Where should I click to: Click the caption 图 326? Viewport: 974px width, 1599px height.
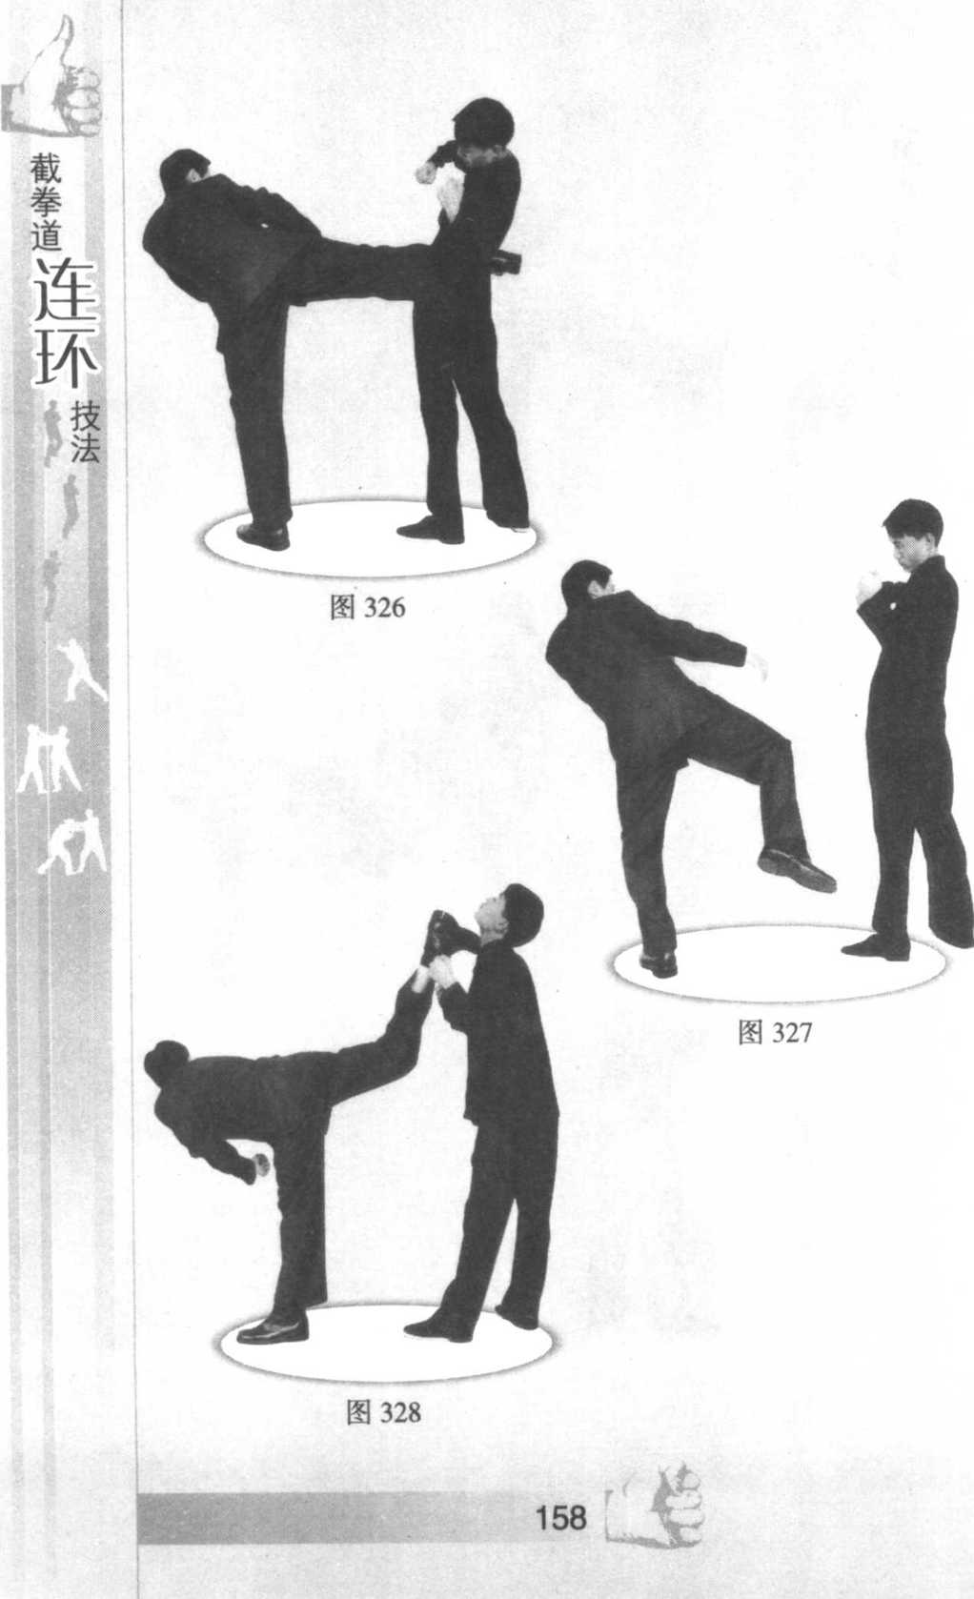[367, 607]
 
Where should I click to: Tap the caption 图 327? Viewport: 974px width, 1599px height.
[775, 1032]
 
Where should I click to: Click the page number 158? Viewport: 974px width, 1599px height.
[560, 1518]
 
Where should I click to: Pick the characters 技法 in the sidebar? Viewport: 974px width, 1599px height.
[84, 431]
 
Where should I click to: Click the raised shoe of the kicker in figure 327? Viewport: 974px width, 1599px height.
[796, 869]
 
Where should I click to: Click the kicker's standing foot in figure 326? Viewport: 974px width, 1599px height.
[263, 536]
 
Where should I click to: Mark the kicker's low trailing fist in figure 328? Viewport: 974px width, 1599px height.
[260, 1164]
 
